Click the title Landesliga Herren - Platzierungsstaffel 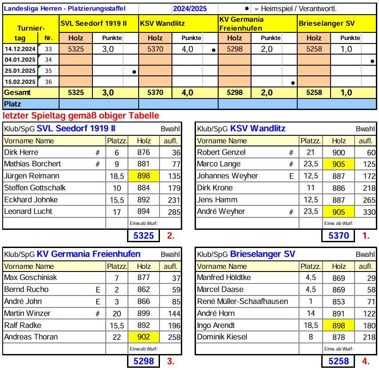tap(64, 8)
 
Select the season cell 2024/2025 tap(190, 8)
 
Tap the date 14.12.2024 tap(20, 49)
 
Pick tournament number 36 tap(48, 82)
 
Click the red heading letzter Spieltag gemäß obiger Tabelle tap(81, 116)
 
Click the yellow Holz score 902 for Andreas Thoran tap(144, 337)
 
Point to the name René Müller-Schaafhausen tap(242, 302)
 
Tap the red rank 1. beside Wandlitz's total tap(366, 236)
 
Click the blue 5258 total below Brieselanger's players tap(339, 361)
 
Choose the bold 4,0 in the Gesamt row tap(188, 93)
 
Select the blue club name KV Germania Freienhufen tap(88, 254)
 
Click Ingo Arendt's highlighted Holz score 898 tap(339, 326)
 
